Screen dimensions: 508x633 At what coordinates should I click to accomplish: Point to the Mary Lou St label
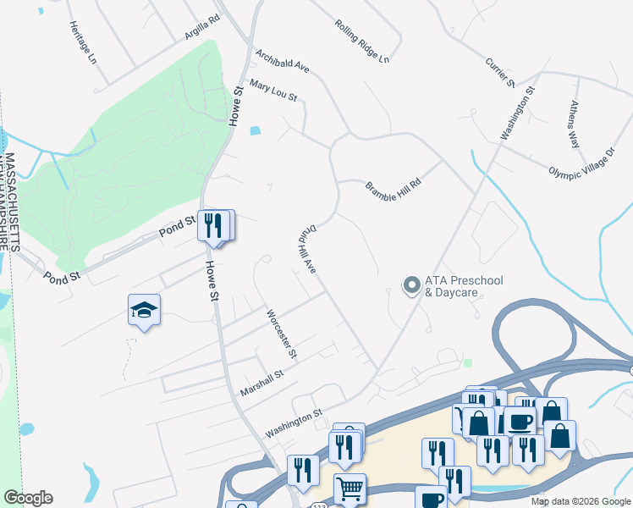[272, 91]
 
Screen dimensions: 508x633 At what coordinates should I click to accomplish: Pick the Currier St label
[500, 73]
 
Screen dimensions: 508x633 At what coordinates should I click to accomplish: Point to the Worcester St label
[281, 334]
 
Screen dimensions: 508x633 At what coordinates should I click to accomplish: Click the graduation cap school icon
[145, 310]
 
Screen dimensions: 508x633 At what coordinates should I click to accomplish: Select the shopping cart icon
[349, 488]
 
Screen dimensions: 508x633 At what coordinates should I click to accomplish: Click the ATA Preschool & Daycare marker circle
[411, 285]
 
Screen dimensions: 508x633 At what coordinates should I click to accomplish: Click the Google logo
[28, 498]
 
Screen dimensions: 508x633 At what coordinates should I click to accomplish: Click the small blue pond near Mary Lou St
[256, 130]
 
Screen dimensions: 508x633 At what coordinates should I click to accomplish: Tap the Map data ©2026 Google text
[581, 501]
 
